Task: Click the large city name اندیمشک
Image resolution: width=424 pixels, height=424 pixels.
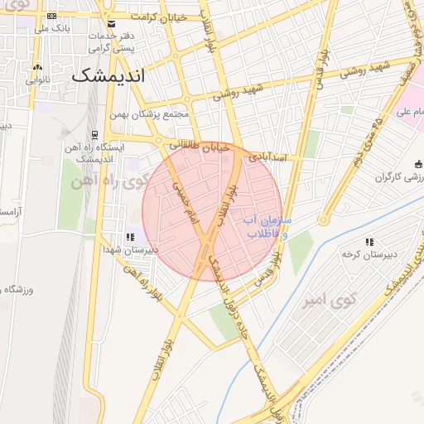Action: coord(108,75)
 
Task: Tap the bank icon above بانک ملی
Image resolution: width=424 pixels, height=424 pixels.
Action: coord(52,17)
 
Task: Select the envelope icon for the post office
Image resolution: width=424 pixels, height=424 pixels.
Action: coord(112,24)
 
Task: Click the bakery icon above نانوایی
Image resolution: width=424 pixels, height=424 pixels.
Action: coord(37,68)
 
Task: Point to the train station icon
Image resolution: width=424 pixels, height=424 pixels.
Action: coord(95,133)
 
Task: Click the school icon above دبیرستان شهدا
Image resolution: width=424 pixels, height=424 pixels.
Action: coord(129,237)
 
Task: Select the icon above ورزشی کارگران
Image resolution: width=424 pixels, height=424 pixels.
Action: coord(417,163)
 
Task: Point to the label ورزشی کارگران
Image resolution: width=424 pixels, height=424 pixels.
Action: coord(400,177)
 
